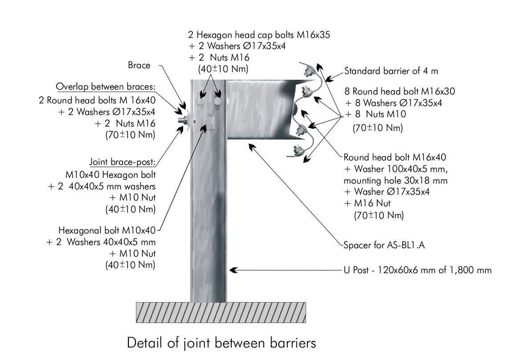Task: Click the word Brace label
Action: pyautogui.click(x=139, y=65)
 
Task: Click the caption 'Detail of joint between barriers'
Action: pyautogui.click(x=221, y=343)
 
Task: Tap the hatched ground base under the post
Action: pyautogui.click(x=221, y=311)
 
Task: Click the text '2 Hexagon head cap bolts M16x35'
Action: pyautogui.click(x=259, y=35)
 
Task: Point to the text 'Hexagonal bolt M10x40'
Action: pyautogui.click(x=106, y=230)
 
